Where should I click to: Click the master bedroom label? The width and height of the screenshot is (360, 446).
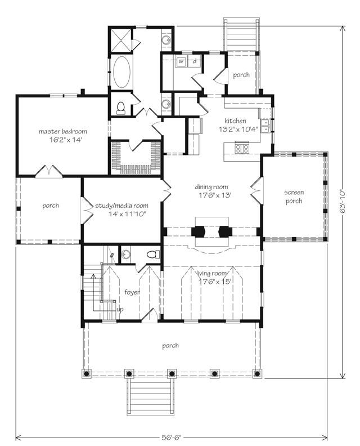click(62, 131)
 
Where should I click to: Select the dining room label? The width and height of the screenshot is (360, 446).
click(211, 187)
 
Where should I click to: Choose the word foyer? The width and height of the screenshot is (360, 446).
click(132, 292)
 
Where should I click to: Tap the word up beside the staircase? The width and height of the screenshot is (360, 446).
click(120, 310)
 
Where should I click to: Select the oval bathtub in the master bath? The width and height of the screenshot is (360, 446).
click(121, 72)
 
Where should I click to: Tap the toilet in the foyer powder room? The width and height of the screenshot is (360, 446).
click(152, 255)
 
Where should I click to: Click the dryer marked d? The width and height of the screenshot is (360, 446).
click(194, 61)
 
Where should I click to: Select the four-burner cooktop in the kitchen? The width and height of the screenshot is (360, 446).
click(242, 149)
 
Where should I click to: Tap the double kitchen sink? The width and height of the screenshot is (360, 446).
click(264, 125)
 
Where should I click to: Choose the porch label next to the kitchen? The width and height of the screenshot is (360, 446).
click(241, 75)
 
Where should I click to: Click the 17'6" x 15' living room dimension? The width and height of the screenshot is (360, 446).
click(214, 282)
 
